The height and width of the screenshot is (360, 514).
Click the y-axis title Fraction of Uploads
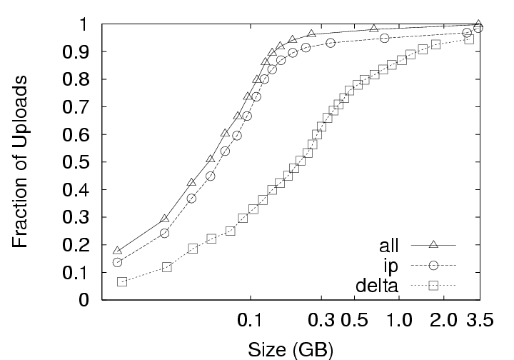(x=22, y=161)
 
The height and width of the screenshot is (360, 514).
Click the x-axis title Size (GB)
(x=290, y=350)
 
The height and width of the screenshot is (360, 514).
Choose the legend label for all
(x=390, y=245)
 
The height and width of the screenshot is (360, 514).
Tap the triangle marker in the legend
(x=433, y=245)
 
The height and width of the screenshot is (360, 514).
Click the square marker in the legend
(x=433, y=287)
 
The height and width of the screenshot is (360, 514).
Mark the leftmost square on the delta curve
(x=122, y=282)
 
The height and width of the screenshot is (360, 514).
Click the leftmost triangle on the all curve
(x=118, y=250)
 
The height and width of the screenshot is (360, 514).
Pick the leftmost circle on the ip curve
(x=118, y=262)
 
